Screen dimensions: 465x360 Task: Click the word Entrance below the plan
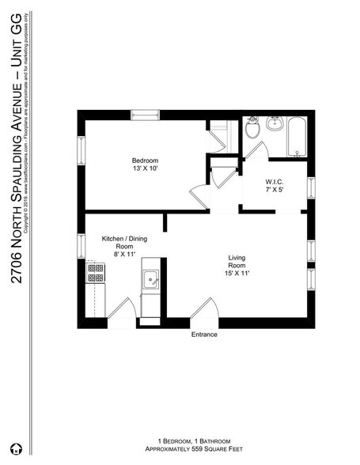coord(204,335)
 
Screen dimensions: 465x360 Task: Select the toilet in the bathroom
coord(252,129)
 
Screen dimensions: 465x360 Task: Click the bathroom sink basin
coord(276,126)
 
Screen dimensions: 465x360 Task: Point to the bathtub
coord(296,136)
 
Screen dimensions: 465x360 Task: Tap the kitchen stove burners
coord(96,273)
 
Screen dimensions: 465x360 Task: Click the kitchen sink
coord(150,278)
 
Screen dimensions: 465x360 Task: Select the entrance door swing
coord(204,309)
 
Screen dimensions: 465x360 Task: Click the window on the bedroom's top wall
coord(145,114)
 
